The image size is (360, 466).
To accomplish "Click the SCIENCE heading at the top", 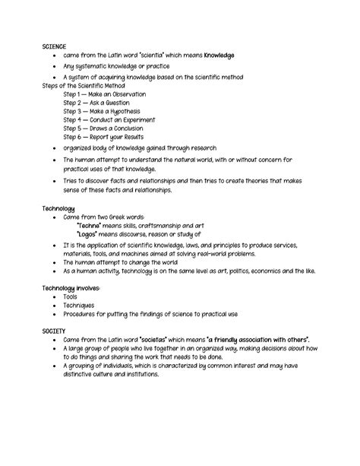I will tap(56, 46).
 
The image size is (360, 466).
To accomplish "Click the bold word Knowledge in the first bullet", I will tap(214, 55).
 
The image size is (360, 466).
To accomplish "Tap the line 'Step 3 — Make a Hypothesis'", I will tap(102, 111).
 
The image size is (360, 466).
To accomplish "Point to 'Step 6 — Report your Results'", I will tap(104, 137).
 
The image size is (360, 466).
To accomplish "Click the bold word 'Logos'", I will tap(90, 234).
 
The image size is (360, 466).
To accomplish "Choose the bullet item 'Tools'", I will tap(73, 297).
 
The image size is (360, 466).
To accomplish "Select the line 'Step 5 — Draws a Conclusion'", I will tap(104, 128).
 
